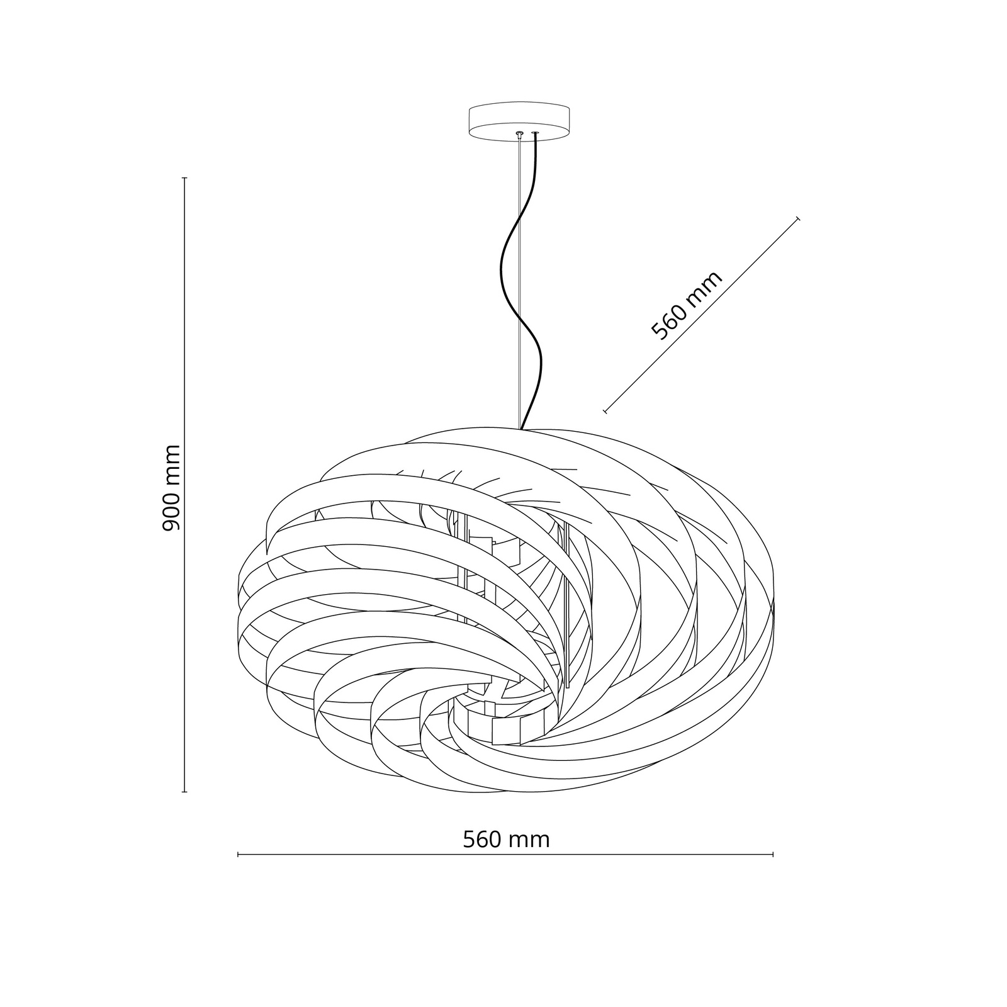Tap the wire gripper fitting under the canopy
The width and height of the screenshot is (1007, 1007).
(519, 133)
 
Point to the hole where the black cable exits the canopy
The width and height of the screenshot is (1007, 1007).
(536, 133)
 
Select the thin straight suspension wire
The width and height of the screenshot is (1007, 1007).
(519, 283)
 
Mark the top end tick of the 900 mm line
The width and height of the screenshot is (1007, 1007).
(184, 178)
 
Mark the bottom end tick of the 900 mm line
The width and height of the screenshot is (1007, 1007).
(184, 791)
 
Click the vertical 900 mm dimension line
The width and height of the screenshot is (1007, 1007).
(184, 485)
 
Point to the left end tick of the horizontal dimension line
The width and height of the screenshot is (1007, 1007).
(238, 854)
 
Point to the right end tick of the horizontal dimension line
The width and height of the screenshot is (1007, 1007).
(773, 854)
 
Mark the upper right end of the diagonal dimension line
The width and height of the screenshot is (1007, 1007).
(798, 218)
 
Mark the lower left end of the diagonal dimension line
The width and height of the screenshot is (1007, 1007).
(605, 411)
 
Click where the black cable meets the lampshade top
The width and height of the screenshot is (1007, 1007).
(522, 429)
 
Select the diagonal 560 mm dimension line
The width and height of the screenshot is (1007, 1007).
(702, 315)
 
